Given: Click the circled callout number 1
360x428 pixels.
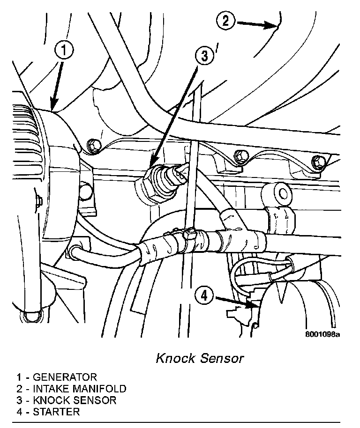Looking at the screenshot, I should pos(64,50).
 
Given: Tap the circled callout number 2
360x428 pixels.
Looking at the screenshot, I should pos(225,21).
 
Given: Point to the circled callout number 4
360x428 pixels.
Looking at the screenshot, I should pos(204,295).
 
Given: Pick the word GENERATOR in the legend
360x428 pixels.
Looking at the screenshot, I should pos(65,377).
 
